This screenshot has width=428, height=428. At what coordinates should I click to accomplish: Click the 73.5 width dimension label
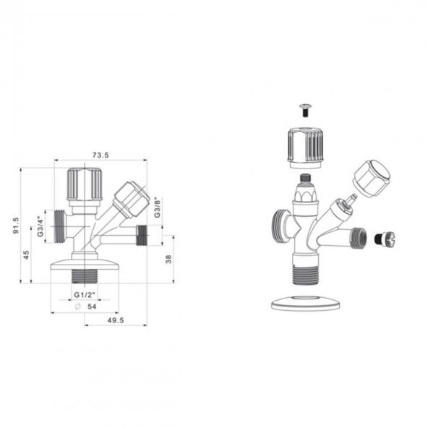point(100,155)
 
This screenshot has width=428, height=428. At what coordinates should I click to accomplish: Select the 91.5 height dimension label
point(16,225)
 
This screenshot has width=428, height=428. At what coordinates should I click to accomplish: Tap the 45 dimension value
point(26,255)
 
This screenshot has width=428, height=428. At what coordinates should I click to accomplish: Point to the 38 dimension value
point(168,259)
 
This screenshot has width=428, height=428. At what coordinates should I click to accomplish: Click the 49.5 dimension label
point(116,320)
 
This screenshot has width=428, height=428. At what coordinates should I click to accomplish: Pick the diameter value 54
point(92,307)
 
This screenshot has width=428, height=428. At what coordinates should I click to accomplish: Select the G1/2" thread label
point(85,295)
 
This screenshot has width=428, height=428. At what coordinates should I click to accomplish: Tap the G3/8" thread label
point(158,207)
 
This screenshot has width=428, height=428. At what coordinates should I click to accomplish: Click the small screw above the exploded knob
point(306,111)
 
